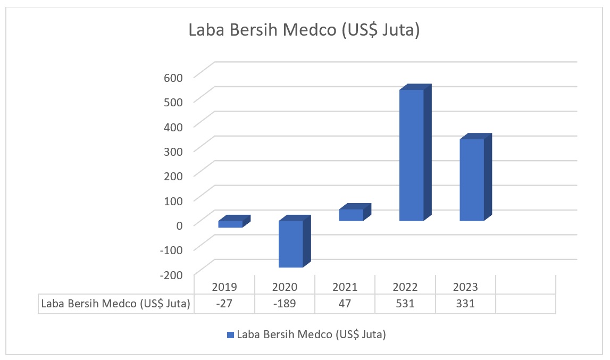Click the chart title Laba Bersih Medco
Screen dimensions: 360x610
click(305, 31)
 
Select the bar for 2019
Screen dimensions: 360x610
click(230, 224)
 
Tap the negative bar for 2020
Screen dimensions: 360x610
click(291, 244)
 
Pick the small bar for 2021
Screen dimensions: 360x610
click(351, 214)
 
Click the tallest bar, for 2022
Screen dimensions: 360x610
click(412, 155)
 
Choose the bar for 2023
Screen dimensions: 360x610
click(472, 180)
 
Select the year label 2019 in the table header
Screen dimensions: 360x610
click(224, 287)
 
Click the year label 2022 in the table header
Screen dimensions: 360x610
click(405, 287)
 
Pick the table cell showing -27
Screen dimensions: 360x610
click(224, 304)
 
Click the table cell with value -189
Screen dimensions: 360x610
click(285, 304)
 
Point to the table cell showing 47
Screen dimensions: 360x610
click(345, 304)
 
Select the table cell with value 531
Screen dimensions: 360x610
click(405, 304)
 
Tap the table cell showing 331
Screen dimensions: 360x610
click(465, 304)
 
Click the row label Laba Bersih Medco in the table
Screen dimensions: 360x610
click(115, 304)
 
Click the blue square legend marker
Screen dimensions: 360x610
click(230, 335)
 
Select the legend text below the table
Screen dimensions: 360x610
click(311, 335)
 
